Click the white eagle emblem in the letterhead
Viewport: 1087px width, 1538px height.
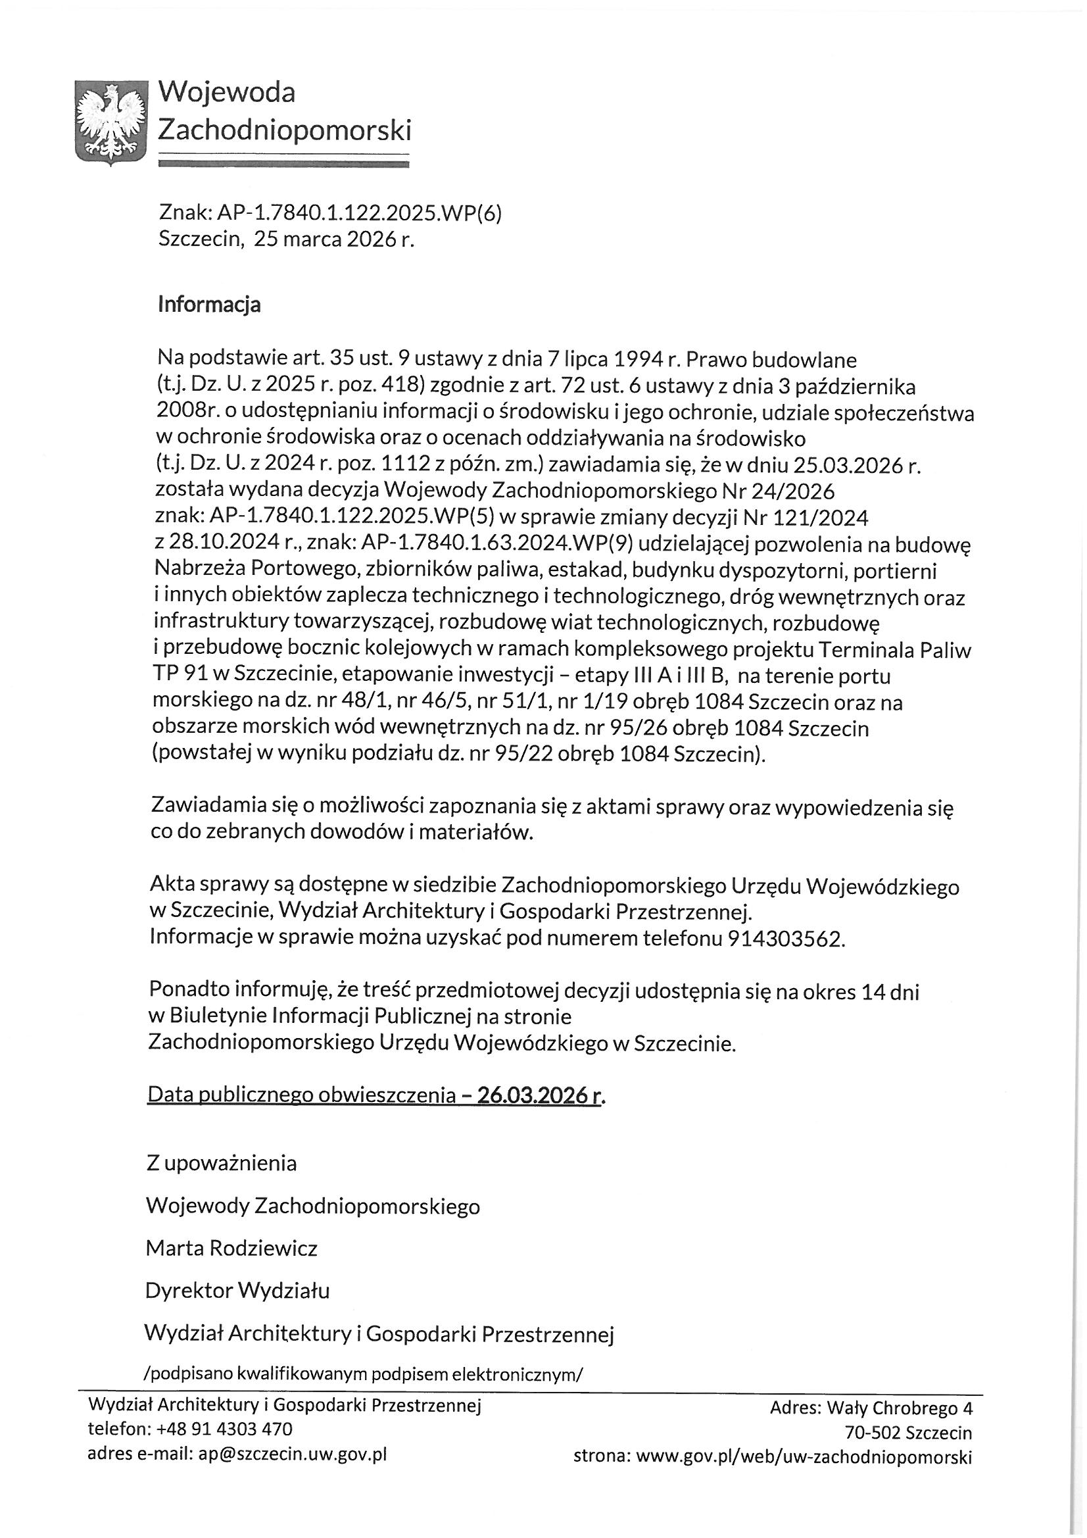pyautogui.click(x=110, y=120)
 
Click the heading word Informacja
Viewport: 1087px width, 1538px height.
pyautogui.click(x=209, y=305)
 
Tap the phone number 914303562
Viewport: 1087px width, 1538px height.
pyautogui.click(x=785, y=939)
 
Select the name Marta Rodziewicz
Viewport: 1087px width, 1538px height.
pyautogui.click(x=231, y=1248)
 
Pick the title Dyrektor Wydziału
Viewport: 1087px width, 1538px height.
pyautogui.click(x=238, y=1290)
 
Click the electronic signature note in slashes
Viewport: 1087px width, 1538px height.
pyautogui.click(x=364, y=1374)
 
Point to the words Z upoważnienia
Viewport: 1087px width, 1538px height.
pyautogui.click(x=222, y=1163)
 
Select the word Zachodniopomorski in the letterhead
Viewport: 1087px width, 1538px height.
pyautogui.click(x=284, y=130)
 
